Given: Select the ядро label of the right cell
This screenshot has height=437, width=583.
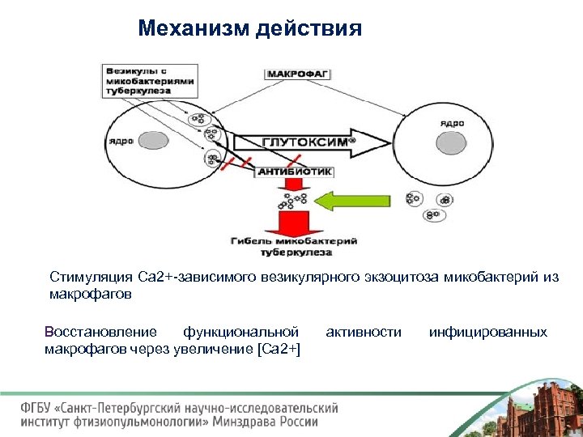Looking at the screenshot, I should (452, 123).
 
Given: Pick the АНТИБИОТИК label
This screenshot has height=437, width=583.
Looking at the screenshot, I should (295, 172).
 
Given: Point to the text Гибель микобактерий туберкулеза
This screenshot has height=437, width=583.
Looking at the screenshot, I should (295, 245).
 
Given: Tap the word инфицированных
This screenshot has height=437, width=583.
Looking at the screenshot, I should (487, 332).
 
